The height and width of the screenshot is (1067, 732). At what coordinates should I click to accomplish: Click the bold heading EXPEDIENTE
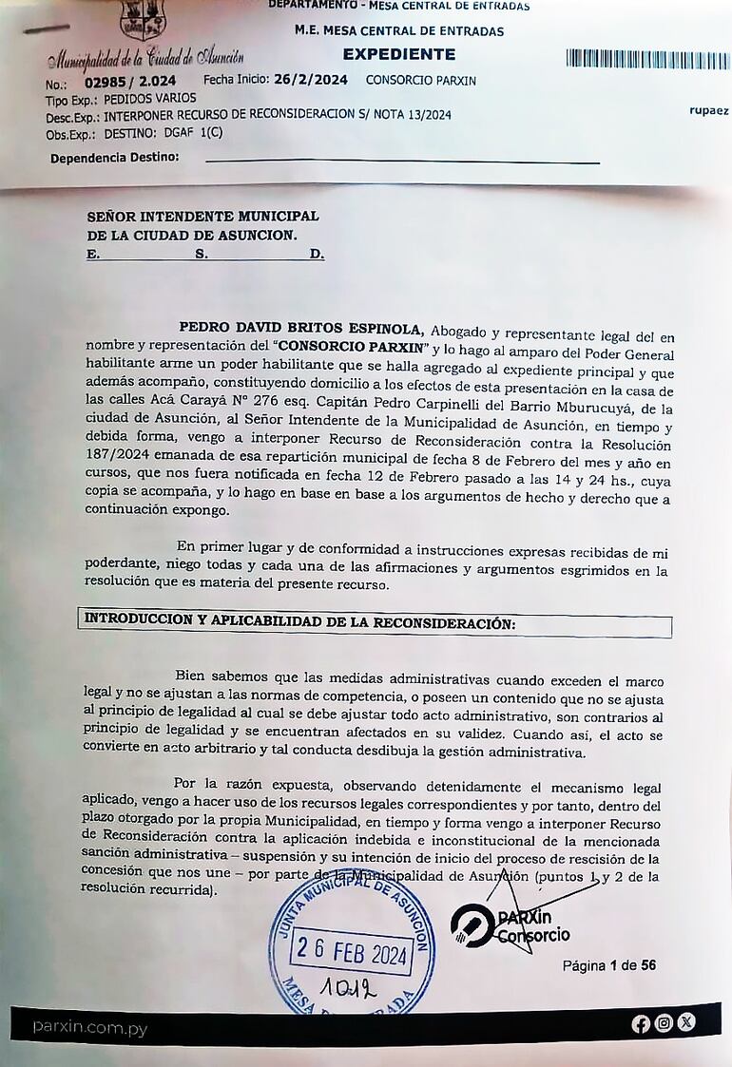[398, 54]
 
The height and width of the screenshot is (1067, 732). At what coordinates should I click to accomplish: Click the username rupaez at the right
[708, 111]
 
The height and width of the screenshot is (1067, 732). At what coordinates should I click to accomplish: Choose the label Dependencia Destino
[114, 157]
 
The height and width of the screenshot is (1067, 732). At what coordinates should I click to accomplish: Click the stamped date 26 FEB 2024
[352, 949]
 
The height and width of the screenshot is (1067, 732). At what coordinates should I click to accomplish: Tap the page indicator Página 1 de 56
[608, 965]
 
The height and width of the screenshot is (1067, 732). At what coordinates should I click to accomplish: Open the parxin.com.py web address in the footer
[89, 1027]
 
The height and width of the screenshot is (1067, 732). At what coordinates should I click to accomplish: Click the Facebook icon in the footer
[641, 1023]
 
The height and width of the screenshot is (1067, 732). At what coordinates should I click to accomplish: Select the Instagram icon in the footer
[664, 1023]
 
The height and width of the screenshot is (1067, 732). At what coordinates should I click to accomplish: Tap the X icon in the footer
[685, 1022]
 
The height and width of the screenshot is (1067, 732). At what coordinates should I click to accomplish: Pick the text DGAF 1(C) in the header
[196, 132]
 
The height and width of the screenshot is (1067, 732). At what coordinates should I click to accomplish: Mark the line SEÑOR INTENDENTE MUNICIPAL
[202, 217]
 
